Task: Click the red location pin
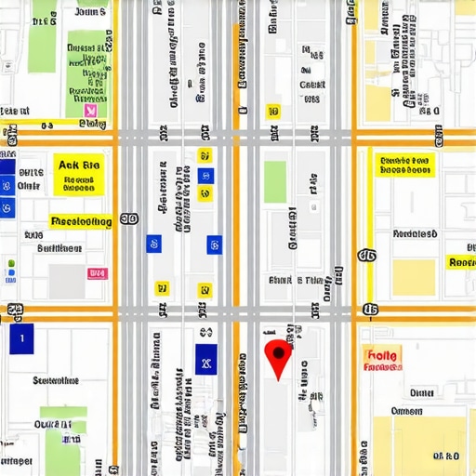tap(277, 354)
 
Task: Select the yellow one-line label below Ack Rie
tap(80, 222)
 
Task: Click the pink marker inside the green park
tap(90, 110)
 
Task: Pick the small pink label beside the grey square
tap(96, 273)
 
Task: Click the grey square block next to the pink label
tap(66, 281)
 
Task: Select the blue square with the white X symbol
tap(205, 356)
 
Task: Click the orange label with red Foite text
tap(382, 359)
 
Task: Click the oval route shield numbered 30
tap(129, 219)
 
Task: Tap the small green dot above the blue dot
tap(10, 264)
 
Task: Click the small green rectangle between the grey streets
tap(275, 180)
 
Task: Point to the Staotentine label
tap(56, 380)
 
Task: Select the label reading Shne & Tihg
tap(297, 279)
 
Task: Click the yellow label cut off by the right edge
tap(461, 262)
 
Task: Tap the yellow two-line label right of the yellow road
tap(405, 165)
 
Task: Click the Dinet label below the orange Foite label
tap(420, 392)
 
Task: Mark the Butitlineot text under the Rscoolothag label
tap(59, 248)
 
